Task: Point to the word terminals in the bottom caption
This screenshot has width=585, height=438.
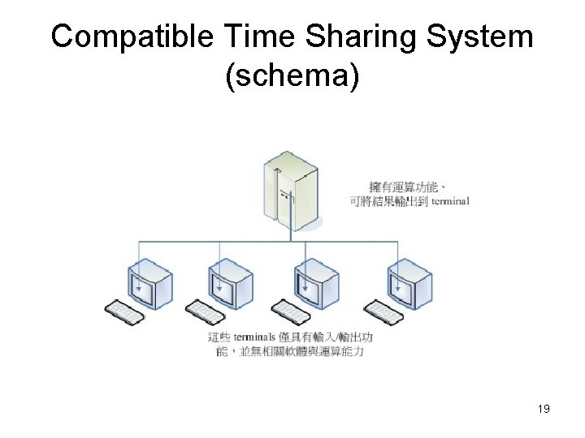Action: tap(261, 336)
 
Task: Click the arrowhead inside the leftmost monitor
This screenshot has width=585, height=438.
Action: tap(139, 286)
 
